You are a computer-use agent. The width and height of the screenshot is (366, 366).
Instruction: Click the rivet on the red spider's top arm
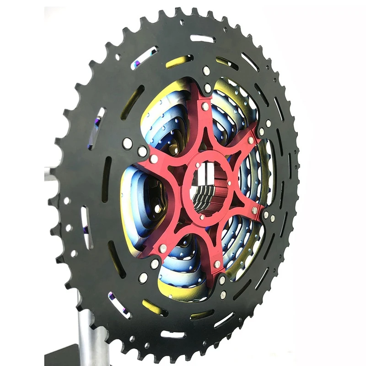coord(205,106)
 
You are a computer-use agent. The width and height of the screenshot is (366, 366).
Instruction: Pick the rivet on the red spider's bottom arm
coord(217,264)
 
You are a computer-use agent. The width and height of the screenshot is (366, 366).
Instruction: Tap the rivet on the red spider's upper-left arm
coord(154,159)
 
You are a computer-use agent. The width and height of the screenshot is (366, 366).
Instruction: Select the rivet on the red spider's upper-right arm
coord(251,140)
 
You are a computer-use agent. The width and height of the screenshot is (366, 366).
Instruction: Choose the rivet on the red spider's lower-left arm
coord(162,248)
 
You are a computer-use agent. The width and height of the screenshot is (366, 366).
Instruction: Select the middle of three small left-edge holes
coord(69,227)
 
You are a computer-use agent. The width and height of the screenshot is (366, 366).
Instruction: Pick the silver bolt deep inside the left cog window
coord(157,208)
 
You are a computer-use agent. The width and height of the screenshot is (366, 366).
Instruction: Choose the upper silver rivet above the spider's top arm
coord(206,71)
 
